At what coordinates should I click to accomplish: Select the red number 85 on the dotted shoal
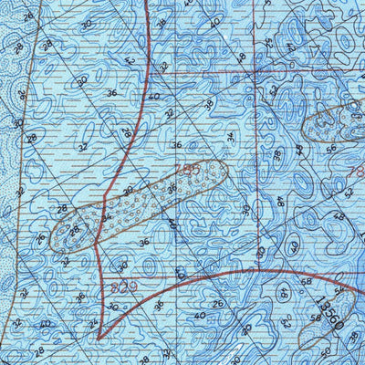(x=191, y=171)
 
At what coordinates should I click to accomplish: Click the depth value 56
(x=331, y=148)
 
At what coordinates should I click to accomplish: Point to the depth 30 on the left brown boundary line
(x=17, y=122)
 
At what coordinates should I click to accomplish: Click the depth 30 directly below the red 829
(x=113, y=308)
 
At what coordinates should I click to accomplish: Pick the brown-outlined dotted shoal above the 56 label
(x=330, y=123)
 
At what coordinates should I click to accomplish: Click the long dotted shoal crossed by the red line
(x=137, y=205)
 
